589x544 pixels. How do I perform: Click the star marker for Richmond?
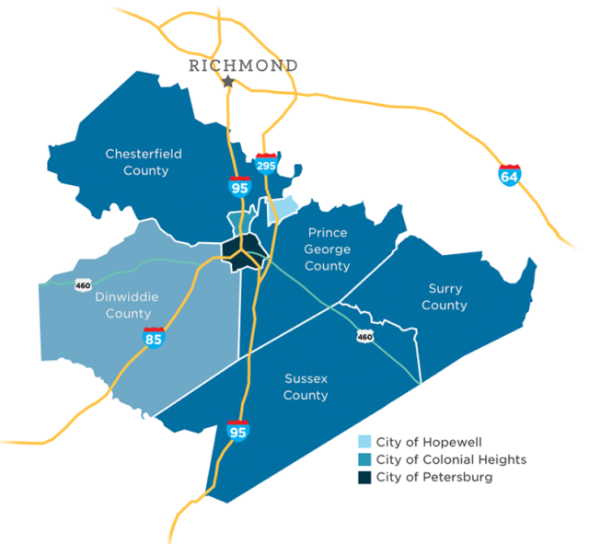click(x=228, y=82)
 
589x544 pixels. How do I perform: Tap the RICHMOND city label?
click(x=243, y=65)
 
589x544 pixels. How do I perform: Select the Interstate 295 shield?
click(x=267, y=163)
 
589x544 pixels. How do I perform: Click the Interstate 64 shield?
click(x=509, y=174)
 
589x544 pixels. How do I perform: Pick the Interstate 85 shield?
click(x=154, y=337)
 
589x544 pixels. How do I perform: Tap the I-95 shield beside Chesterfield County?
click(x=239, y=185)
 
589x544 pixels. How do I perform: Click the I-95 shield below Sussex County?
click(x=237, y=429)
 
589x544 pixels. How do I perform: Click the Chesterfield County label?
click(x=136, y=162)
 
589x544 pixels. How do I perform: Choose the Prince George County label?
click(x=329, y=249)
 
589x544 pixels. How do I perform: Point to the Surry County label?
click(x=444, y=296)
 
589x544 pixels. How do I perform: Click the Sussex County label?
click(x=306, y=387)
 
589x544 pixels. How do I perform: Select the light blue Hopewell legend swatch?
click(x=364, y=442)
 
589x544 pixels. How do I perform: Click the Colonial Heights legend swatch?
click(x=364, y=459)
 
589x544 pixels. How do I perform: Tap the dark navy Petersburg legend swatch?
click(x=364, y=477)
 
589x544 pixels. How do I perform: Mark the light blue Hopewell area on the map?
click(x=284, y=208)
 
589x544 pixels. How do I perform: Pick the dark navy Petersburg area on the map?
click(x=241, y=255)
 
